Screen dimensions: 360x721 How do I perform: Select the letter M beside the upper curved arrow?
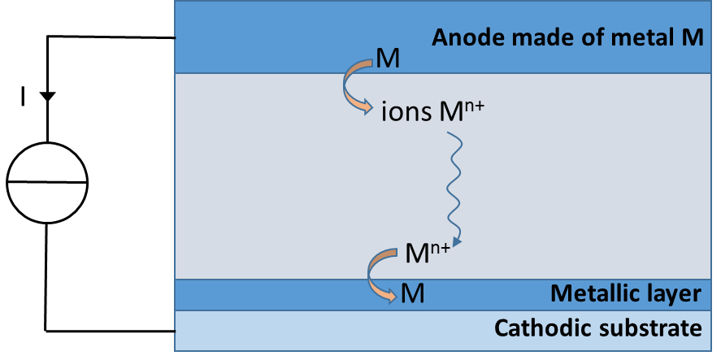pyautogui.click(x=386, y=58)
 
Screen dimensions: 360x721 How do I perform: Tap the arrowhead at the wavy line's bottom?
pyautogui.click(x=458, y=241)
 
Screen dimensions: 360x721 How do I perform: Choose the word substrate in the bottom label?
pyautogui.click(x=654, y=328)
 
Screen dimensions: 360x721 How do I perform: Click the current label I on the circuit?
pyautogui.click(x=24, y=98)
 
